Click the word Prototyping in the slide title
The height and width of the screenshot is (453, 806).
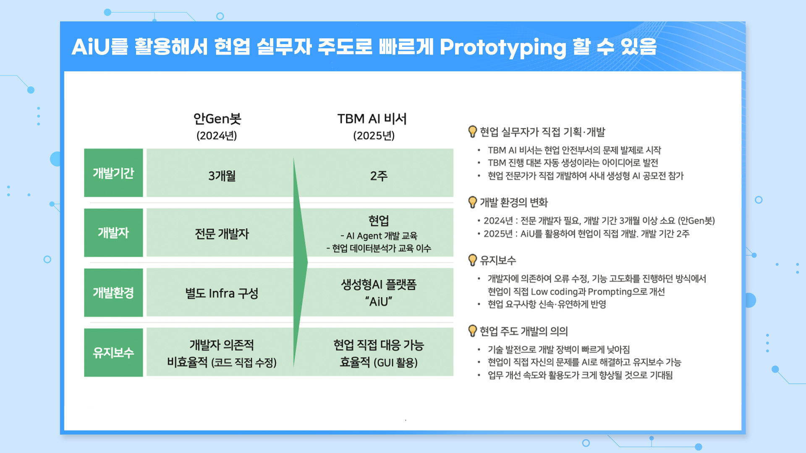click(x=503, y=47)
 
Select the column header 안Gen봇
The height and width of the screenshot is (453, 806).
click(x=217, y=119)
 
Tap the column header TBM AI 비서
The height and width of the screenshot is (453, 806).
click(x=372, y=119)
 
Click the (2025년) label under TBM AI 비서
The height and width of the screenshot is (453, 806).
click(x=374, y=136)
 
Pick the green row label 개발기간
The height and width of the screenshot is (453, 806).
click(x=113, y=173)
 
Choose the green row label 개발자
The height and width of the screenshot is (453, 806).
click(x=113, y=233)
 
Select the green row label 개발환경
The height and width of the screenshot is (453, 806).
click(x=113, y=293)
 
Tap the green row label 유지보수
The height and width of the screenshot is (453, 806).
click(x=113, y=353)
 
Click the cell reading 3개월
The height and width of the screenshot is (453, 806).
click(x=222, y=176)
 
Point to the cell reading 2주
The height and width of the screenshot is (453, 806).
click(x=379, y=176)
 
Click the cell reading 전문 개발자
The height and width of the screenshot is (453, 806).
click(x=222, y=234)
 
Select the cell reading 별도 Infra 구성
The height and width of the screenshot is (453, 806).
click(x=222, y=293)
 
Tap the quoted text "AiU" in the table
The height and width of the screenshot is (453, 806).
click(x=379, y=302)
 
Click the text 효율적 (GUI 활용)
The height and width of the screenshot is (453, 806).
click(x=379, y=362)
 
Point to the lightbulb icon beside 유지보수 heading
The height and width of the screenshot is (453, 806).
click(x=473, y=260)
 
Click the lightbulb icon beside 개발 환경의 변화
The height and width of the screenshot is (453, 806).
click(x=473, y=202)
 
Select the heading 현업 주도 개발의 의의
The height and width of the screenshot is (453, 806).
click(x=523, y=331)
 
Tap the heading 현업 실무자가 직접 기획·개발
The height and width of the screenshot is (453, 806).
click(x=542, y=132)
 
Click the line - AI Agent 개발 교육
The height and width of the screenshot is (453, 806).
click(x=379, y=236)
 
